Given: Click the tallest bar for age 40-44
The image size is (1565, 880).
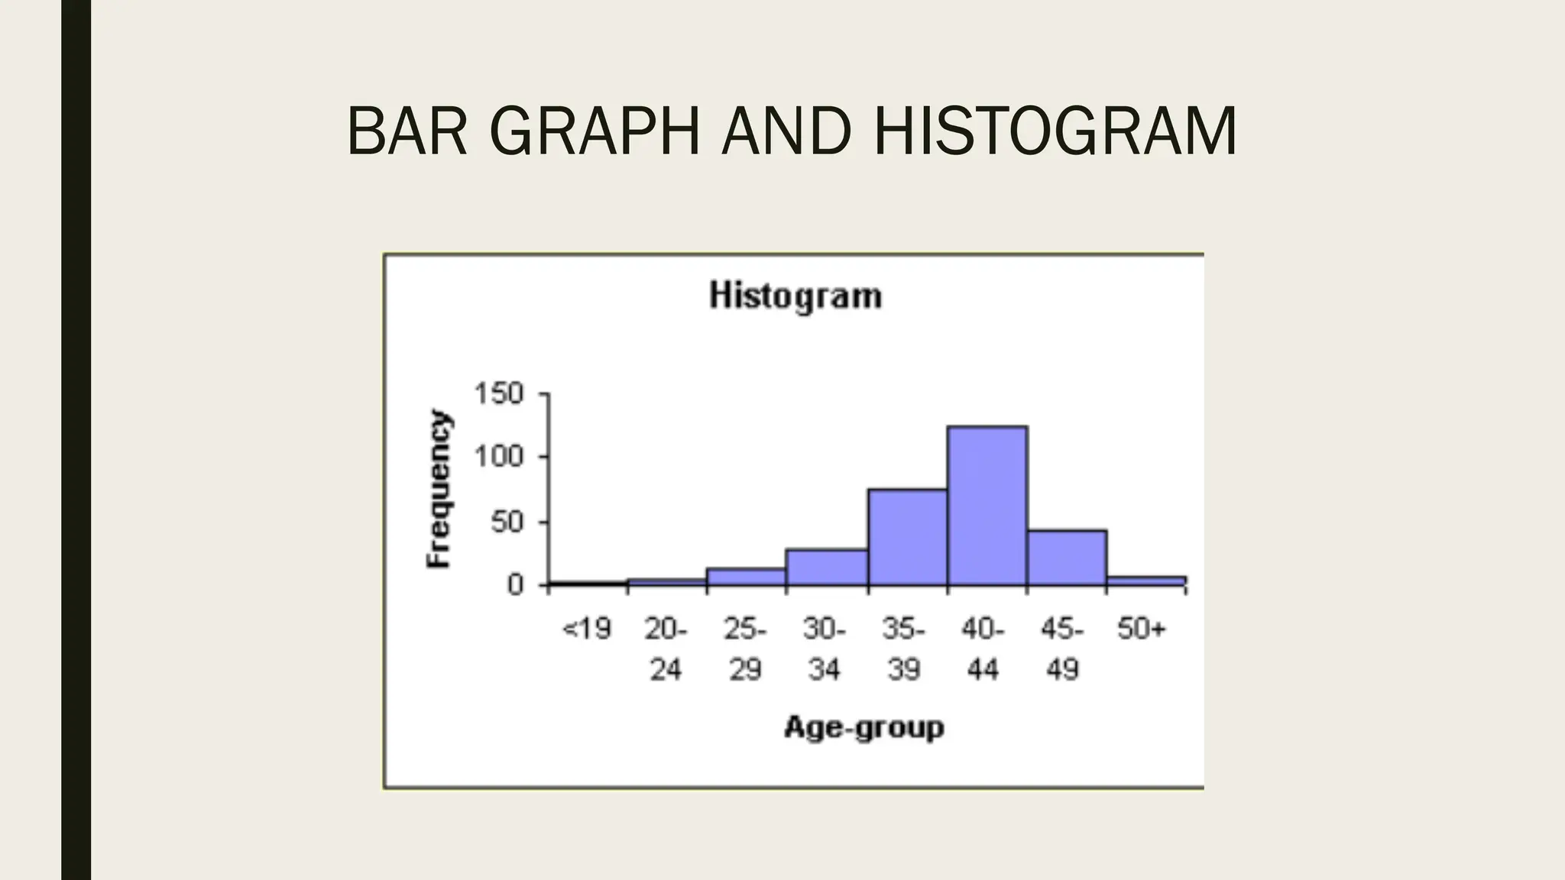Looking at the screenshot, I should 987,506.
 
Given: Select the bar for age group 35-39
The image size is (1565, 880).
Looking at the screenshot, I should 907,538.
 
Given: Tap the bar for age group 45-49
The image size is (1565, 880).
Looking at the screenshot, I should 1067,558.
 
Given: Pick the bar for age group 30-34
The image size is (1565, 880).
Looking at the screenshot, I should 827,568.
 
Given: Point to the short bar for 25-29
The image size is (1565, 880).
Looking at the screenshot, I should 747,577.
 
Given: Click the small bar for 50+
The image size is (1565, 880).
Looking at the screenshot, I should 1146,581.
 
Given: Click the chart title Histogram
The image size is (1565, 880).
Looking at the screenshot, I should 795,296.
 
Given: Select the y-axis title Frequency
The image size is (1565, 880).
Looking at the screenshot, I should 439,489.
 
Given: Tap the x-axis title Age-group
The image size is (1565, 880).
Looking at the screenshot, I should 864,726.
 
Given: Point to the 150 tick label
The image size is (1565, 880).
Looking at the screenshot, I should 499,394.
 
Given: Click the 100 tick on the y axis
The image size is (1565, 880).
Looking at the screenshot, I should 499,458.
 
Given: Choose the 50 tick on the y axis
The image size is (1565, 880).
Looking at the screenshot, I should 507,522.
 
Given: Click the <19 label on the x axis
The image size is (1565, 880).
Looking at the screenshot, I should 587,629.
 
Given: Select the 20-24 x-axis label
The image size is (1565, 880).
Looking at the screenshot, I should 666,649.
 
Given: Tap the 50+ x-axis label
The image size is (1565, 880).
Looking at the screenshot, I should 1142,629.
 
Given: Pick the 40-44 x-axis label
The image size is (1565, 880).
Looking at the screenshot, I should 983,649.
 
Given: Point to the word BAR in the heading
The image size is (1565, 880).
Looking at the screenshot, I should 407,131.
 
